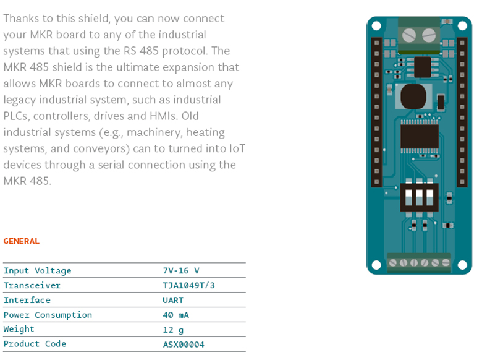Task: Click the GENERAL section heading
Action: [x=21, y=241]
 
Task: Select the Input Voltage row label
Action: [x=37, y=270]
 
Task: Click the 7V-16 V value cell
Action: [x=181, y=270]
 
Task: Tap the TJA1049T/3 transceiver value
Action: [x=188, y=285]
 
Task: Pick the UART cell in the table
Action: [x=173, y=300]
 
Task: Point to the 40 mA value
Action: [x=176, y=315]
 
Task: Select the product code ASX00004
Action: [x=184, y=345]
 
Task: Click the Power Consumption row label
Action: [x=48, y=315]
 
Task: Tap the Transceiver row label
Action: [x=32, y=285]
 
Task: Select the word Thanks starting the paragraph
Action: [x=21, y=19]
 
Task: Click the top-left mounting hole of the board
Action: [x=376, y=26]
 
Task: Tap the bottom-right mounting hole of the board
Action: [x=462, y=265]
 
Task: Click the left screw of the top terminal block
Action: [x=409, y=35]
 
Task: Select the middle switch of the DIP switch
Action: [x=420, y=197]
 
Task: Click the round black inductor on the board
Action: [x=413, y=96]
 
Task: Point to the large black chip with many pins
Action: [x=420, y=137]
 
